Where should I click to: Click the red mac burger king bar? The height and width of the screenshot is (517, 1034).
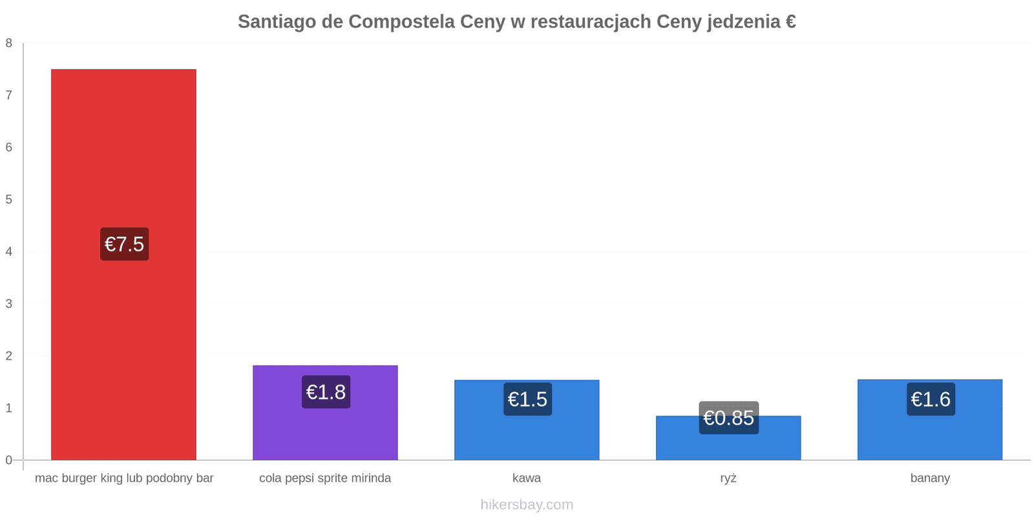(123, 264)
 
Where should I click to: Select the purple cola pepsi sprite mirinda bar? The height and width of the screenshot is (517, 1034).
(326, 413)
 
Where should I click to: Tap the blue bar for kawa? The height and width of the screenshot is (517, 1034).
(527, 420)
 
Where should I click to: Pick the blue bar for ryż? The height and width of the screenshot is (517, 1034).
(728, 438)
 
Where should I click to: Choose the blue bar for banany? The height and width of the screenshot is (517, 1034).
(930, 419)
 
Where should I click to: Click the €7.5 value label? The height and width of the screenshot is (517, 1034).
(125, 244)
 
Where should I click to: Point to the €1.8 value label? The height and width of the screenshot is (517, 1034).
(326, 392)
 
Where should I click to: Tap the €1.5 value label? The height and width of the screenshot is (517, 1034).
(527, 399)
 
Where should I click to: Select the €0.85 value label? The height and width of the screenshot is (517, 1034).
(729, 417)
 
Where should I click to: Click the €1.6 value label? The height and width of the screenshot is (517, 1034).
(931, 399)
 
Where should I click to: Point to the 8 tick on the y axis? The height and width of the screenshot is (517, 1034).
(9, 43)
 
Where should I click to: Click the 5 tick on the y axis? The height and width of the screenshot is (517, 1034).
(9, 200)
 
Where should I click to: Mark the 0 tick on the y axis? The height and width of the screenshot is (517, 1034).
(9, 460)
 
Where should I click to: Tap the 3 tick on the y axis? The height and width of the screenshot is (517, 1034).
(9, 304)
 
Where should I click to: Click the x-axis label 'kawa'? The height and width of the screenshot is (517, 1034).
(527, 478)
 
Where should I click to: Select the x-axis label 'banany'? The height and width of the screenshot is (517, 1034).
(930, 478)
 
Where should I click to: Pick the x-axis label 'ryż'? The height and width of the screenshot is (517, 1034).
(728, 478)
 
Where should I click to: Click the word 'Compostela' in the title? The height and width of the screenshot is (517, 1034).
(401, 22)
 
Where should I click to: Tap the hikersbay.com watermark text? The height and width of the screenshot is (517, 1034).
(527, 504)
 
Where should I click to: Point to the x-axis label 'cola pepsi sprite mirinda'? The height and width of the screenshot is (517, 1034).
(325, 478)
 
